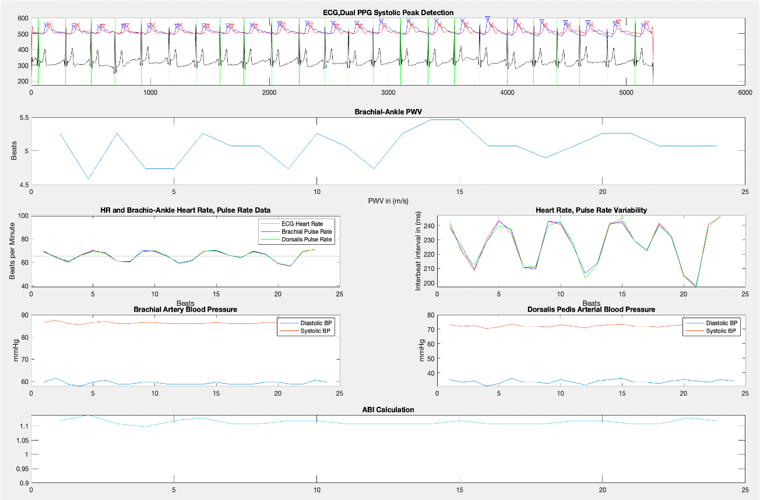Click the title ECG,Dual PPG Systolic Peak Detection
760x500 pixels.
pyautogui.click(x=388, y=12)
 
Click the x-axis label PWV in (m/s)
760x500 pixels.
pyautogui.click(x=388, y=201)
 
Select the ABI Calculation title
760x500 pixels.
pyautogui.click(x=388, y=410)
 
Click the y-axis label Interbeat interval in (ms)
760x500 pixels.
pyautogui.click(x=417, y=251)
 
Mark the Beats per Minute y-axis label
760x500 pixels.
pyautogui.click(x=12, y=251)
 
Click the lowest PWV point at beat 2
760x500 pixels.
pyautogui.click(x=88, y=179)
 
